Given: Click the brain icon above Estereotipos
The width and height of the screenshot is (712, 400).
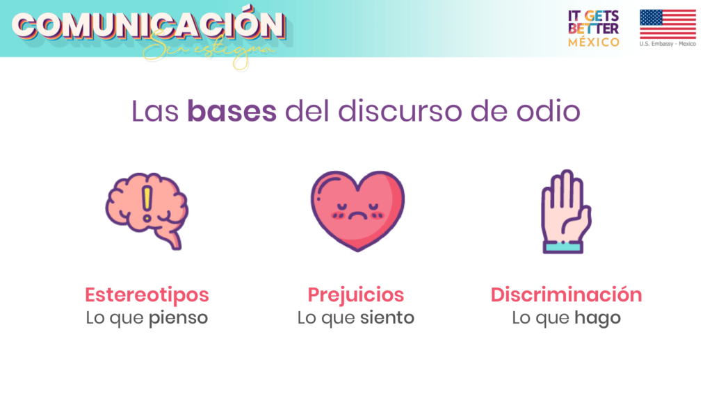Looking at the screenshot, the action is [x=147, y=210].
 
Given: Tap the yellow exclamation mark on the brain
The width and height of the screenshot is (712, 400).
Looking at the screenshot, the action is [x=147, y=203].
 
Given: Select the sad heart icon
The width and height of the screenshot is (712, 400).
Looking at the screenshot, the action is [x=358, y=210].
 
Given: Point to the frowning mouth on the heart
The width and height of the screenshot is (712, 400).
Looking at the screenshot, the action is [x=357, y=217].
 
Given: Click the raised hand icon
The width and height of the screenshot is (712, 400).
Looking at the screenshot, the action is [x=565, y=211].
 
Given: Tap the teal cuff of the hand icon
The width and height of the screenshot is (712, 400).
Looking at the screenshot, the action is [x=563, y=247].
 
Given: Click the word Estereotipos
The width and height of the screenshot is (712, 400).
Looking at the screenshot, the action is [x=147, y=295].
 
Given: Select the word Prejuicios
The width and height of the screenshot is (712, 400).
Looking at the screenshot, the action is [x=355, y=295].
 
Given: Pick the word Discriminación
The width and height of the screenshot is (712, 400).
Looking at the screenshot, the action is [x=566, y=294].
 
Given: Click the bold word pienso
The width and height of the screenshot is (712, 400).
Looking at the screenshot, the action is [x=178, y=318].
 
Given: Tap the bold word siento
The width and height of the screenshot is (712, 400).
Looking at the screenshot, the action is [x=387, y=317].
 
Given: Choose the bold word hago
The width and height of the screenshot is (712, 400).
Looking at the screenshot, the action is [x=597, y=318].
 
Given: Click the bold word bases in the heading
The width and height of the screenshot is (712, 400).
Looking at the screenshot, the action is [x=232, y=111].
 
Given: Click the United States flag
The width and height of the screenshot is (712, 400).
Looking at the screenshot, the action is [x=668, y=24].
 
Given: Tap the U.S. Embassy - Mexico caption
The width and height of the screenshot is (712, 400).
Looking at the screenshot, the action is [x=667, y=44].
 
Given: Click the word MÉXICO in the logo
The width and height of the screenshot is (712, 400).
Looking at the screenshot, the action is [x=594, y=42].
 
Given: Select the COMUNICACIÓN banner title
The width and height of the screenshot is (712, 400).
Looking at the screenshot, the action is [x=149, y=24].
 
